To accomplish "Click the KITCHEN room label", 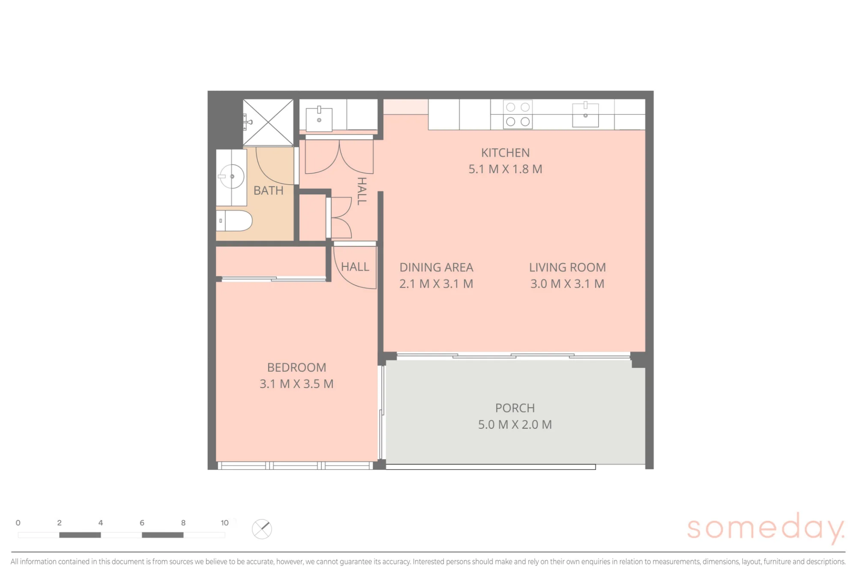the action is click(x=505, y=153).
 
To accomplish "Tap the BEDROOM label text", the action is click(x=297, y=368).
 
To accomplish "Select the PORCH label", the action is click(x=515, y=408).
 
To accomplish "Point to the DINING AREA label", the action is click(x=436, y=267).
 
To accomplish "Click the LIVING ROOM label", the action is click(x=567, y=267).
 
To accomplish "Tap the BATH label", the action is click(x=269, y=191).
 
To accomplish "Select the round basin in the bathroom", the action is click(x=232, y=176).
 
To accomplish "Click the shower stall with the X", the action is click(x=268, y=123).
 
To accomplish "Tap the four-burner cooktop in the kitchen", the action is click(x=518, y=114).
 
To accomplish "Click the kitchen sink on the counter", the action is click(x=585, y=114).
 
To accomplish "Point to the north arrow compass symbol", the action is click(x=262, y=529).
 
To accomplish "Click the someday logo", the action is click(x=766, y=528).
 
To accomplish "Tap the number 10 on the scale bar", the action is click(x=225, y=523).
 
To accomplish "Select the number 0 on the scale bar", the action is click(x=18, y=523).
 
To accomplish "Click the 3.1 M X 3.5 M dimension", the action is click(x=297, y=384).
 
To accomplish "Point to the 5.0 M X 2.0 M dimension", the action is click(x=515, y=425).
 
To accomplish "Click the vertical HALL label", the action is click(x=362, y=191).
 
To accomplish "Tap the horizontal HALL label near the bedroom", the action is click(x=355, y=267).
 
